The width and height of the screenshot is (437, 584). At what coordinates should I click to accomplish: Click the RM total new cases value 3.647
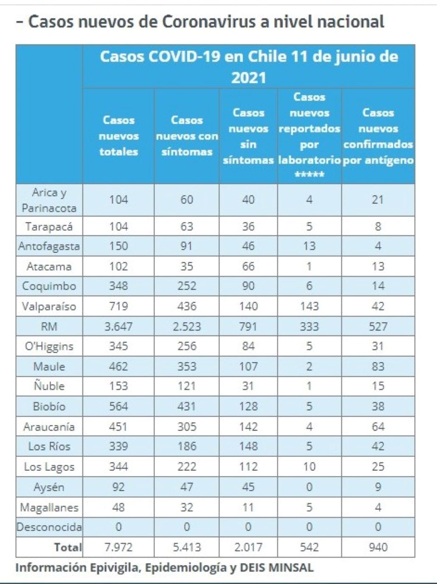click(118, 326)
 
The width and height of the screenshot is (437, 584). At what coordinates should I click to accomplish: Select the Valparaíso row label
click(49, 306)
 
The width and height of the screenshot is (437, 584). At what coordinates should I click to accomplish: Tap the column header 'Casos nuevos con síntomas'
click(187, 136)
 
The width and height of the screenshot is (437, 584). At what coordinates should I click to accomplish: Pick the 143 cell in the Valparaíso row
click(309, 306)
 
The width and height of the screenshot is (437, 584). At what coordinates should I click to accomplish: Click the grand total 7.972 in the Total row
click(118, 547)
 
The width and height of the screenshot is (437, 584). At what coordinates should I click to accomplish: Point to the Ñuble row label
click(49, 386)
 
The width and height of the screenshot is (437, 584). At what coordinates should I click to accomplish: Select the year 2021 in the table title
click(249, 78)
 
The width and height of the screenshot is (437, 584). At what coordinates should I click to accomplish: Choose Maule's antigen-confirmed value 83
click(378, 366)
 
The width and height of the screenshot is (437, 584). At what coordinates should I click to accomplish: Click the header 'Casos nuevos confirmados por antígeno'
click(378, 136)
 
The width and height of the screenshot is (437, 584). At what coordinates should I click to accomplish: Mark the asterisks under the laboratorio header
click(309, 175)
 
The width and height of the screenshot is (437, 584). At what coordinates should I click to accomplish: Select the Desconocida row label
click(49, 527)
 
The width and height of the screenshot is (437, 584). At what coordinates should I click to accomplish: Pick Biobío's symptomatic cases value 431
click(187, 406)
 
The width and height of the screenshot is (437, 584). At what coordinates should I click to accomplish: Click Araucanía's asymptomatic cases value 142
click(248, 426)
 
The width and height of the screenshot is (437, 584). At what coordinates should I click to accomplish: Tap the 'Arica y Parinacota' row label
click(49, 200)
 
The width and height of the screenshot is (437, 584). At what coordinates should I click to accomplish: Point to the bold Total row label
click(68, 547)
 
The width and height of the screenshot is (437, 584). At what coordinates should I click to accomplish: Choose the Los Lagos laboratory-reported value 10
click(309, 467)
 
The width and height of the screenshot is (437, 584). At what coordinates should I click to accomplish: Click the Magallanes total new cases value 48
click(118, 507)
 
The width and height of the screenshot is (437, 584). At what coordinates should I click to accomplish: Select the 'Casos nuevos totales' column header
click(118, 136)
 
